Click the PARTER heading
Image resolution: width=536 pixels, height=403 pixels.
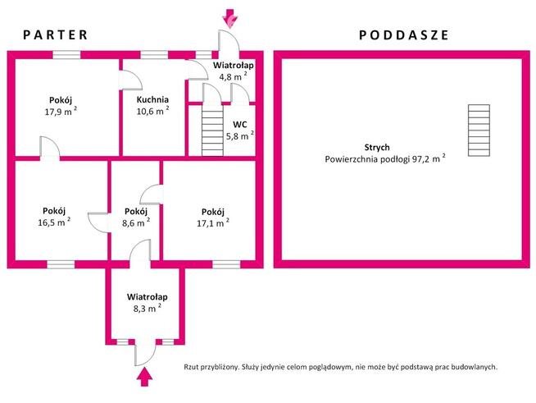55,34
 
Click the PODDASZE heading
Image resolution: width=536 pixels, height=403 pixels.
403,34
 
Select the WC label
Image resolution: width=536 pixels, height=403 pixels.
239,125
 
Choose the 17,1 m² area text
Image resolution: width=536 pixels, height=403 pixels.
212,222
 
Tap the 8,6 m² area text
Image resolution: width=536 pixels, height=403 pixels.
135,222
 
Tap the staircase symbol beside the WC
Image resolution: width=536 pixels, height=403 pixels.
212,132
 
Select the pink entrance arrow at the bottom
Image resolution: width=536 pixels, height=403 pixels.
145,377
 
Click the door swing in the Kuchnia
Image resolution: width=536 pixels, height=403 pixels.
130,80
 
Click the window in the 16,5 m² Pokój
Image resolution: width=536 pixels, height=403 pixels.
60,263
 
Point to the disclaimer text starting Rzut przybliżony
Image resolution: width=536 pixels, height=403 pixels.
341,368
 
